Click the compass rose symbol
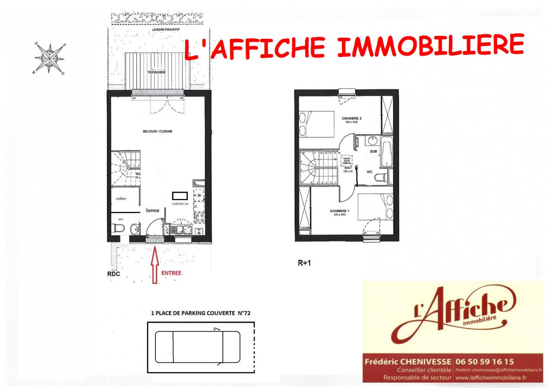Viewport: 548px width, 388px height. pos(49,58)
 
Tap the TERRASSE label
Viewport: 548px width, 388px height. pos(157,72)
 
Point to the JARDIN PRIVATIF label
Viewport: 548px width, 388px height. pos(166,30)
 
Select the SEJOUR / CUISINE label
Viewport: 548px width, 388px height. pos(158,132)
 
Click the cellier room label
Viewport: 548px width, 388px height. pos(121,199)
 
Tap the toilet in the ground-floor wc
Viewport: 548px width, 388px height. pos(117,229)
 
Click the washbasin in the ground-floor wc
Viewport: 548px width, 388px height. pos(134,230)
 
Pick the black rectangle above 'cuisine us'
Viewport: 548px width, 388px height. pos(180,196)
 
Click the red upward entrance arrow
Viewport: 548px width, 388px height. pos(155,265)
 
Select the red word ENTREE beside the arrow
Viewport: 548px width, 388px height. pos(171,273)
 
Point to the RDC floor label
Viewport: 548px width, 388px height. pos(114,274)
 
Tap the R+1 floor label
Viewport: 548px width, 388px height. pos(304,263)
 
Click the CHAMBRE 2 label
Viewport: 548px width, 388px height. pos(351,118)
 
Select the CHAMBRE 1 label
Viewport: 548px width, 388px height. pos(339,211)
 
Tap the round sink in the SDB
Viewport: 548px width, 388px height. pos(373,141)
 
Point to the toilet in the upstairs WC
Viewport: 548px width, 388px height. pos(381,178)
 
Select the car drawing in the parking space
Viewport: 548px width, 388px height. pos(197,347)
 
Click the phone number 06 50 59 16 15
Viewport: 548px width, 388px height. pos(484,361)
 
